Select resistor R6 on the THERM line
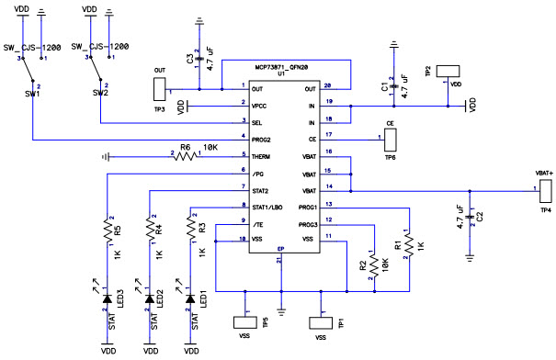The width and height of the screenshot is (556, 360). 187,156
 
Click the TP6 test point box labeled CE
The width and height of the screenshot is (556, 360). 391,140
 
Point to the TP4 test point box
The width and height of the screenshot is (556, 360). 543,191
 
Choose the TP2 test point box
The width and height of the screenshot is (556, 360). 448,71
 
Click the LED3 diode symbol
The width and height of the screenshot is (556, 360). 108,298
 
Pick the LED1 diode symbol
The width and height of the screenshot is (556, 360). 190,298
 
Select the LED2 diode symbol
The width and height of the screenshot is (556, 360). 149,298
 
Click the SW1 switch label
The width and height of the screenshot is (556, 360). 33,93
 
